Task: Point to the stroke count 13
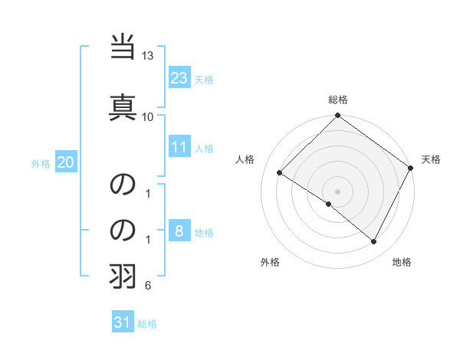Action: click(x=148, y=56)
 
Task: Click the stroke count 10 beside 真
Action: click(x=148, y=116)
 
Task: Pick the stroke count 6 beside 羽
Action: click(x=148, y=286)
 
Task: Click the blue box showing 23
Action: click(x=179, y=77)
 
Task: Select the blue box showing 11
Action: click(x=179, y=147)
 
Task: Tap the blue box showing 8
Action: click(x=179, y=231)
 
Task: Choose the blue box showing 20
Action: click(x=66, y=162)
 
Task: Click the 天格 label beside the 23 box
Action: click(x=204, y=80)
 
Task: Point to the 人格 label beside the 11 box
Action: click(x=204, y=149)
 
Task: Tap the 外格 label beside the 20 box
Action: click(x=41, y=164)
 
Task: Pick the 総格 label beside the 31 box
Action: click(x=147, y=325)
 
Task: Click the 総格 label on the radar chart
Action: click(x=338, y=100)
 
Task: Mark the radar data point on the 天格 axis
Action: click(x=410, y=168)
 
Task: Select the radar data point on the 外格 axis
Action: click(x=329, y=205)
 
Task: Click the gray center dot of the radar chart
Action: click(x=337, y=191)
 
